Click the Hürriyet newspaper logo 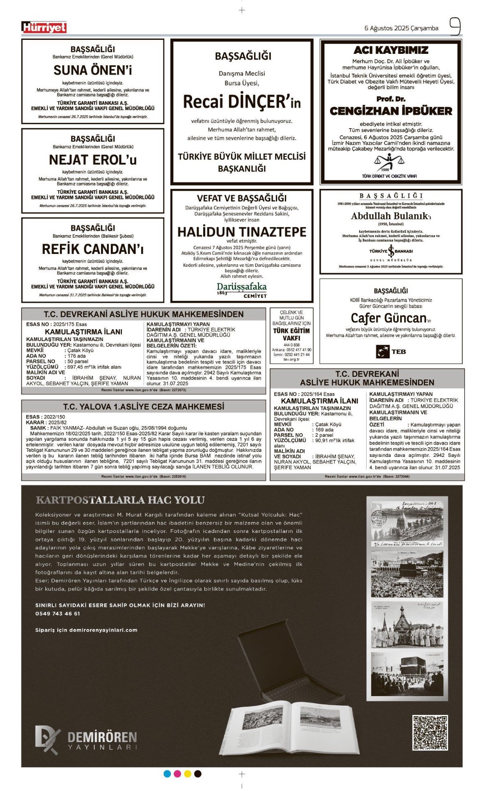(x=44, y=27)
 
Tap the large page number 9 (x=454, y=27)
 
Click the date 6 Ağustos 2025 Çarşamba (x=401, y=28)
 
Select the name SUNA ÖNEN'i (x=93, y=70)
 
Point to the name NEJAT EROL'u (x=93, y=159)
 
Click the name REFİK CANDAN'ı (x=93, y=249)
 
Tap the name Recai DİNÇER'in (x=242, y=101)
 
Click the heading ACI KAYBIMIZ (x=391, y=50)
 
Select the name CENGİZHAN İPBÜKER (x=391, y=111)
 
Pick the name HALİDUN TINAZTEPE (x=242, y=232)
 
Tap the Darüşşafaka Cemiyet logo (x=242, y=289)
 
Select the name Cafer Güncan (x=388, y=318)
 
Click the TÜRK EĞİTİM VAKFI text (x=291, y=334)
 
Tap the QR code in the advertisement (x=430, y=733)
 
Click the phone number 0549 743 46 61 (x=58, y=613)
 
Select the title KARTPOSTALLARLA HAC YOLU (x=120, y=500)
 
